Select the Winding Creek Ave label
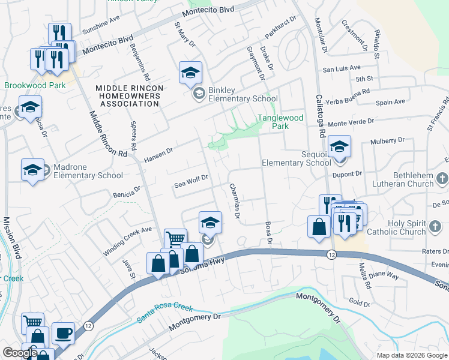(x=127, y=242)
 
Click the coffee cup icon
(x=63, y=333)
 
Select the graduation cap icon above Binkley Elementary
(x=190, y=73)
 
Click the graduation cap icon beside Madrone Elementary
(x=32, y=170)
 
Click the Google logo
(x=20, y=353)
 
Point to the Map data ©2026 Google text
(x=412, y=355)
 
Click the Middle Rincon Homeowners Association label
(x=128, y=96)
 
